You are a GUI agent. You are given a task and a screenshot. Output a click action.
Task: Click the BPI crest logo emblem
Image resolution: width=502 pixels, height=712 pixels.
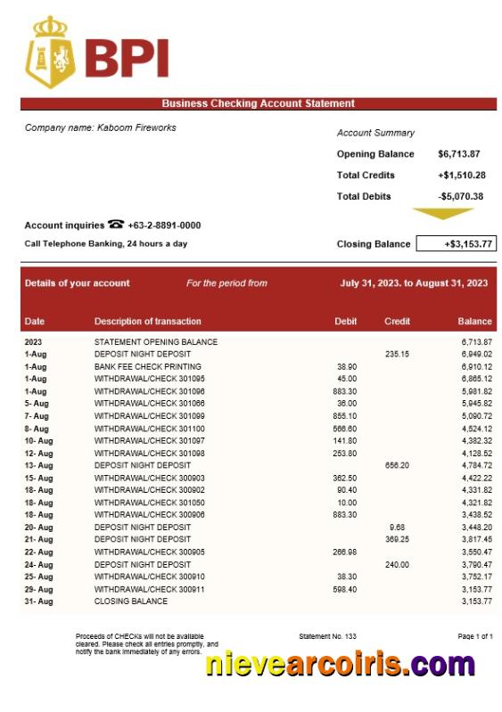click(50, 52)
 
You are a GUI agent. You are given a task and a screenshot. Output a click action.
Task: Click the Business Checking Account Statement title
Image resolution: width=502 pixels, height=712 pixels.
click(258, 103)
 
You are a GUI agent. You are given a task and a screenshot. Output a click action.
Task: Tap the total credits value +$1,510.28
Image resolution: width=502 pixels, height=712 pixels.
click(461, 176)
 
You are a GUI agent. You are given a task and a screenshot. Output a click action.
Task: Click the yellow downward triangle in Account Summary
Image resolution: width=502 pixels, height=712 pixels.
click(442, 214)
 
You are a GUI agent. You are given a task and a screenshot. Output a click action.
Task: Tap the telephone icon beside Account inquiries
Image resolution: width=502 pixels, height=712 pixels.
click(116, 225)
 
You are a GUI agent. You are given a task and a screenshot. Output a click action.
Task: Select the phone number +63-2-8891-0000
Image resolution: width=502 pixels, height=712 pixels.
click(164, 225)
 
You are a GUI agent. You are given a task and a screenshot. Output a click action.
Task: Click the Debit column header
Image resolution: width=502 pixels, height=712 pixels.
click(345, 322)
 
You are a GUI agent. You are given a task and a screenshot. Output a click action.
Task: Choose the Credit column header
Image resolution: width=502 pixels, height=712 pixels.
click(397, 322)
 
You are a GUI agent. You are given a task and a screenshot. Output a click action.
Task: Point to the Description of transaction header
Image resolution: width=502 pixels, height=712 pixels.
click(147, 322)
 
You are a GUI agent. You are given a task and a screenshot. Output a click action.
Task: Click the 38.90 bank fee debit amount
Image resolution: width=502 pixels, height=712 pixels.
click(346, 366)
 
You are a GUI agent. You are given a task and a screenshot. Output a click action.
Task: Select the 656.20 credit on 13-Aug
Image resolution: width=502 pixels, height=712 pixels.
click(397, 465)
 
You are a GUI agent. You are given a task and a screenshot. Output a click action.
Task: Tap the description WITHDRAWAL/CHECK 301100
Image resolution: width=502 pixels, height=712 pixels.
click(149, 429)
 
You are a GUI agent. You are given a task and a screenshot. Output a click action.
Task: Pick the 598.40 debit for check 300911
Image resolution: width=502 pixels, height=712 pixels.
click(344, 589)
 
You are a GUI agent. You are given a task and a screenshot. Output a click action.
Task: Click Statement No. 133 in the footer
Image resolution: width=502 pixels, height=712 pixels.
click(327, 635)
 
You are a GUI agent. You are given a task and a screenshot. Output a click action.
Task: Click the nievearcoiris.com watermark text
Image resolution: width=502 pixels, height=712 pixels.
click(340, 665)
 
